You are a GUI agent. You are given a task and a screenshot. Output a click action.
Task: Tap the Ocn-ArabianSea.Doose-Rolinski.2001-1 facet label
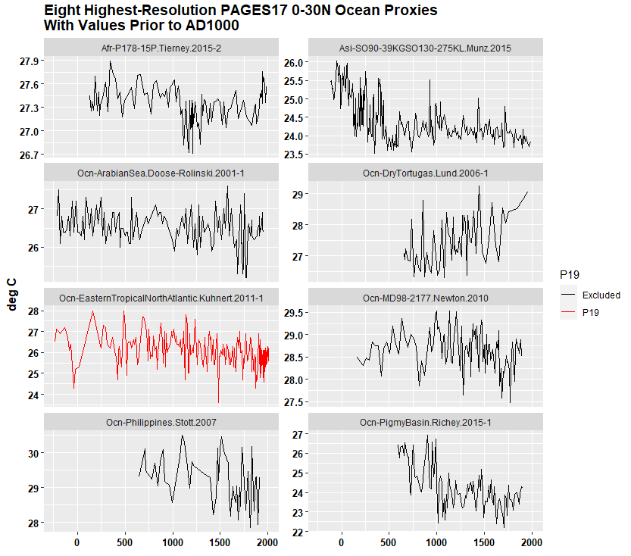[161, 173]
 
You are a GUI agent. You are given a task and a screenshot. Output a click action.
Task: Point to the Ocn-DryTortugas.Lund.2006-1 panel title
[425, 173]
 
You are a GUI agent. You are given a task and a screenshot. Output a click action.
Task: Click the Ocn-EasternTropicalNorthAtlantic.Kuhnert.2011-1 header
[161, 298]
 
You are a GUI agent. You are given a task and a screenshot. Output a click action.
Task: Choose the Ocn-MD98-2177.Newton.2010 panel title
[425, 298]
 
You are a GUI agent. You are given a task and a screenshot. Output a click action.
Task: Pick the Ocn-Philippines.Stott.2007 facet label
[161, 423]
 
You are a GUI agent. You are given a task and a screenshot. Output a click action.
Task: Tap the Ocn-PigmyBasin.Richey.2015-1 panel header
[425, 423]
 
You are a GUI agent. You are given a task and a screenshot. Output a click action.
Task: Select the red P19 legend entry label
[591, 312]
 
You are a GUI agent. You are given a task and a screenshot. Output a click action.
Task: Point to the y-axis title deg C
[13, 293]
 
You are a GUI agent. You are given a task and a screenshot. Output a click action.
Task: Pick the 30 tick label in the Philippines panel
[34, 453]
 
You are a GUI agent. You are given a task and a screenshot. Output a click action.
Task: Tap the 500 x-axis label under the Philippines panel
[173, 544]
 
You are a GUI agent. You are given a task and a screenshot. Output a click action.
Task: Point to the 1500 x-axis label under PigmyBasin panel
[484, 544]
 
